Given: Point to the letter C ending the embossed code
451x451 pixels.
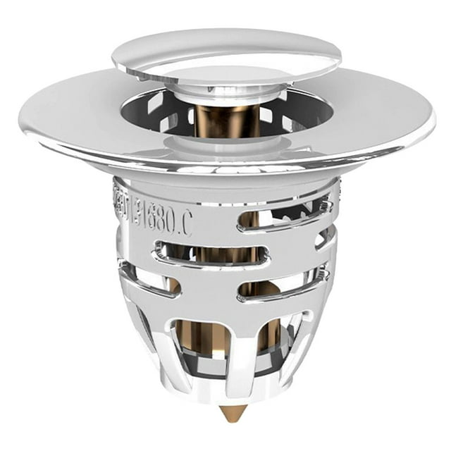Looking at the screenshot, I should (185, 223).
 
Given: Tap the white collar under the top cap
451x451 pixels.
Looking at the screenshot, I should (225, 90).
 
